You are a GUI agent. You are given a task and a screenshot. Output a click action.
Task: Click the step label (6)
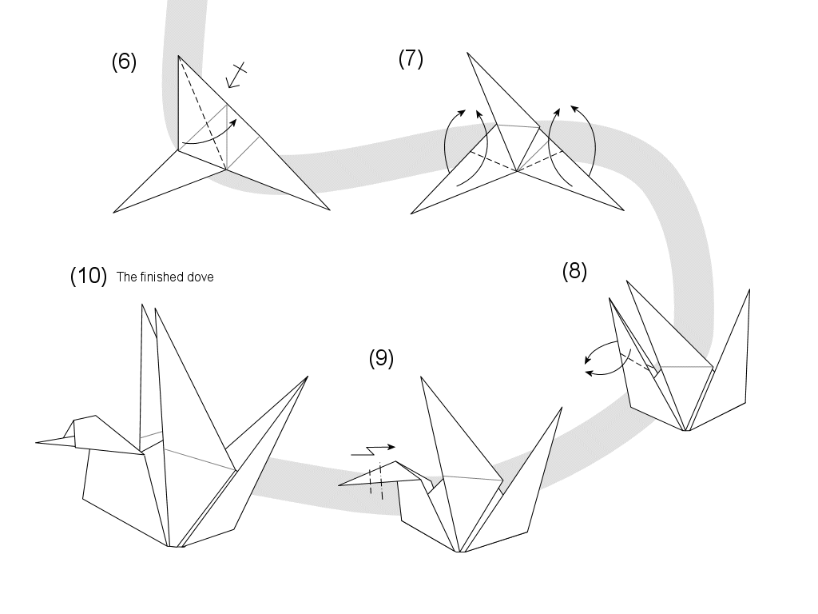(124, 63)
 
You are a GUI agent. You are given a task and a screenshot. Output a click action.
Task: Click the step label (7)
(411, 59)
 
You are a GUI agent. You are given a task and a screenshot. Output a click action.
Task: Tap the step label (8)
(574, 272)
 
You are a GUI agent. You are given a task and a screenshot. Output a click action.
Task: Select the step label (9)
(381, 359)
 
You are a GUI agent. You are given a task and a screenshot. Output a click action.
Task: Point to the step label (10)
(88, 277)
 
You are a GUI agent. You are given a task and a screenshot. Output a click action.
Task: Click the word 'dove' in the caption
(201, 278)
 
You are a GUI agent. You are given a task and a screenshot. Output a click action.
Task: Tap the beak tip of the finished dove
(37, 442)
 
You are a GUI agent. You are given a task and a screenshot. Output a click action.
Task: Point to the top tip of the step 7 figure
(467, 53)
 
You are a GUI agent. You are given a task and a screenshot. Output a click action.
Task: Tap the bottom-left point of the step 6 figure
(114, 212)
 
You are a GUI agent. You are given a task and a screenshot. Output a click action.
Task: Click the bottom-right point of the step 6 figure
(329, 209)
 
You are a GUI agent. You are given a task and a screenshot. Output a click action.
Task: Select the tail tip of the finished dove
(308, 377)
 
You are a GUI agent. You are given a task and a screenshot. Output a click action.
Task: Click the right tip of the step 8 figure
(749, 290)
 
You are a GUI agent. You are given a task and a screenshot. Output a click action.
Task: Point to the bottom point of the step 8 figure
(685, 430)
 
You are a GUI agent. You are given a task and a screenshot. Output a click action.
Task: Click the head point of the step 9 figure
(340, 484)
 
